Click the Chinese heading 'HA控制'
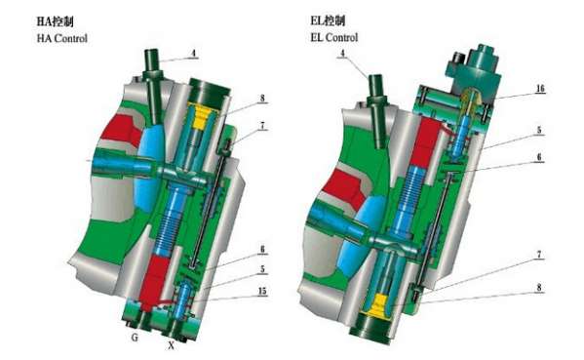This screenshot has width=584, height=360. [x=55, y=21]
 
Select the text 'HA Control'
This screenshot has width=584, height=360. [x=61, y=38]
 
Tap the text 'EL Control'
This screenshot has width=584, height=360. [x=334, y=38]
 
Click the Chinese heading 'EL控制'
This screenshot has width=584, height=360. [x=328, y=20]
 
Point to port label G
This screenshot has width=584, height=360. [x=135, y=338]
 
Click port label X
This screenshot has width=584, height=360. [x=171, y=345]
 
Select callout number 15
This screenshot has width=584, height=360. [x=262, y=291]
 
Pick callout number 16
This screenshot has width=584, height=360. [x=540, y=89]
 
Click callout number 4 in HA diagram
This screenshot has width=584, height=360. [x=193, y=54]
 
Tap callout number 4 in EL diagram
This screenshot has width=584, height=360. [x=343, y=53]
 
